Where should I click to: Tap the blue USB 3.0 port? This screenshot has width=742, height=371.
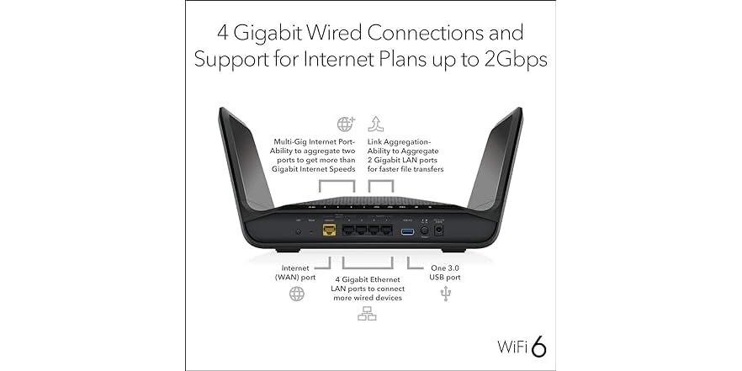pyautogui.click(x=408, y=231)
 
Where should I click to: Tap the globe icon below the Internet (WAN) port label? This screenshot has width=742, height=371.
pyautogui.click(x=297, y=294)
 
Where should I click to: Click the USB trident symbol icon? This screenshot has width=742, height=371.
pyautogui.click(x=446, y=294)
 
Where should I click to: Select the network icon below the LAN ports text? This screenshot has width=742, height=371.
pyautogui.click(x=367, y=315)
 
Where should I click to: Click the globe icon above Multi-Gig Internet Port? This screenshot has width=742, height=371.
pyautogui.click(x=345, y=125)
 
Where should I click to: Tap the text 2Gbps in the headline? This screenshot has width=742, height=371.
pyautogui.click(x=506, y=60)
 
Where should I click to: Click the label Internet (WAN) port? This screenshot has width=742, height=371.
pyautogui.click(x=295, y=272)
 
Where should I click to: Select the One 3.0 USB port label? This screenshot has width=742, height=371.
pyautogui.click(x=440, y=272)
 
